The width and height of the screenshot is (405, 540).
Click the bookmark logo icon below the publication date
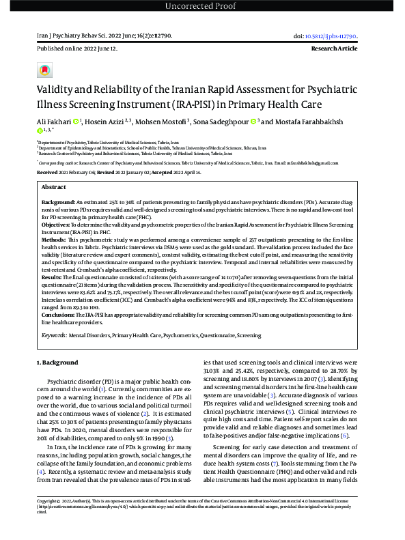tap(44, 70)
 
